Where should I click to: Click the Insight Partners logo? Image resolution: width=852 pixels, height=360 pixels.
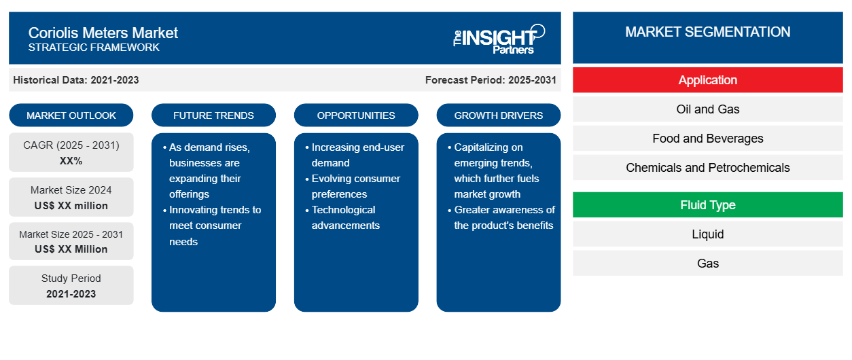click(x=499, y=39)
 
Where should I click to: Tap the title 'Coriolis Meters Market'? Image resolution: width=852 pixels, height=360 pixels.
click(x=103, y=33)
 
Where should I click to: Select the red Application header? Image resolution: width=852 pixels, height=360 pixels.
click(x=707, y=80)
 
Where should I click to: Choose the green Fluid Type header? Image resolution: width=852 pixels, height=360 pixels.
click(x=707, y=205)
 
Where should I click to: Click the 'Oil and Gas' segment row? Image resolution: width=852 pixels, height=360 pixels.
click(x=707, y=109)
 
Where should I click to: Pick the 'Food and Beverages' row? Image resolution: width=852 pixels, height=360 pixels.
click(x=707, y=139)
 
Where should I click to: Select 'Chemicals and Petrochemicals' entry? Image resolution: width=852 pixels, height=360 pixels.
click(x=707, y=167)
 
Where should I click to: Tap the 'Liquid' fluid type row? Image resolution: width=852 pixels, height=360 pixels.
click(x=707, y=234)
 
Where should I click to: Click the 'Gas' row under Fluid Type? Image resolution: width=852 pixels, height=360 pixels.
click(x=707, y=263)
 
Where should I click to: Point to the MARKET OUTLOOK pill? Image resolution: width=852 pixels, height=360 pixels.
click(x=71, y=115)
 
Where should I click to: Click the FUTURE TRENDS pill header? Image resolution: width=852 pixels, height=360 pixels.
click(x=213, y=115)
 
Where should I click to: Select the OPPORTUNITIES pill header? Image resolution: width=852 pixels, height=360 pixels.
click(x=356, y=115)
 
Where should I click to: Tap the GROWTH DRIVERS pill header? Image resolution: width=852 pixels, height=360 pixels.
click(x=498, y=115)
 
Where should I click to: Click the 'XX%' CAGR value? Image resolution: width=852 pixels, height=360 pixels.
click(x=71, y=161)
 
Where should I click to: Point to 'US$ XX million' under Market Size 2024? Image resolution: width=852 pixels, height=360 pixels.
click(x=71, y=206)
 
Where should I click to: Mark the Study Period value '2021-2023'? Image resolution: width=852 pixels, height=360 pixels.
click(x=71, y=294)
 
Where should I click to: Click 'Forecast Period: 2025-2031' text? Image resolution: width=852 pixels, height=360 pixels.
click(x=491, y=80)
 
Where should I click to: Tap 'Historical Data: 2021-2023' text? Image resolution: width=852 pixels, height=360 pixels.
click(x=76, y=80)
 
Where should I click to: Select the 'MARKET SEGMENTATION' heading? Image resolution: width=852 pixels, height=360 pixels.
click(x=707, y=32)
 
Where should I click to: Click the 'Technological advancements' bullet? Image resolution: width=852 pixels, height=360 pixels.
click(x=343, y=217)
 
